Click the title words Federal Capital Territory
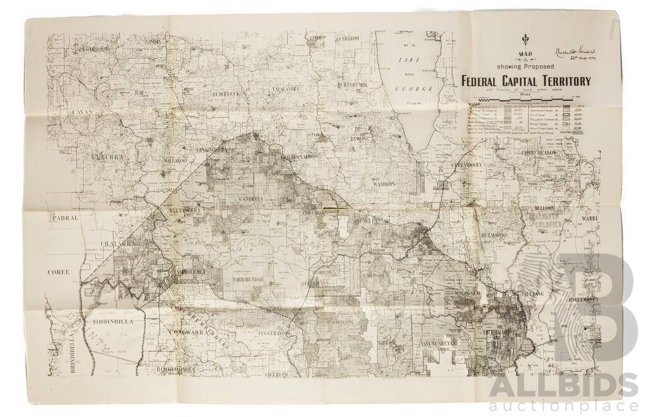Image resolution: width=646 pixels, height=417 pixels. coord(526,81)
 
